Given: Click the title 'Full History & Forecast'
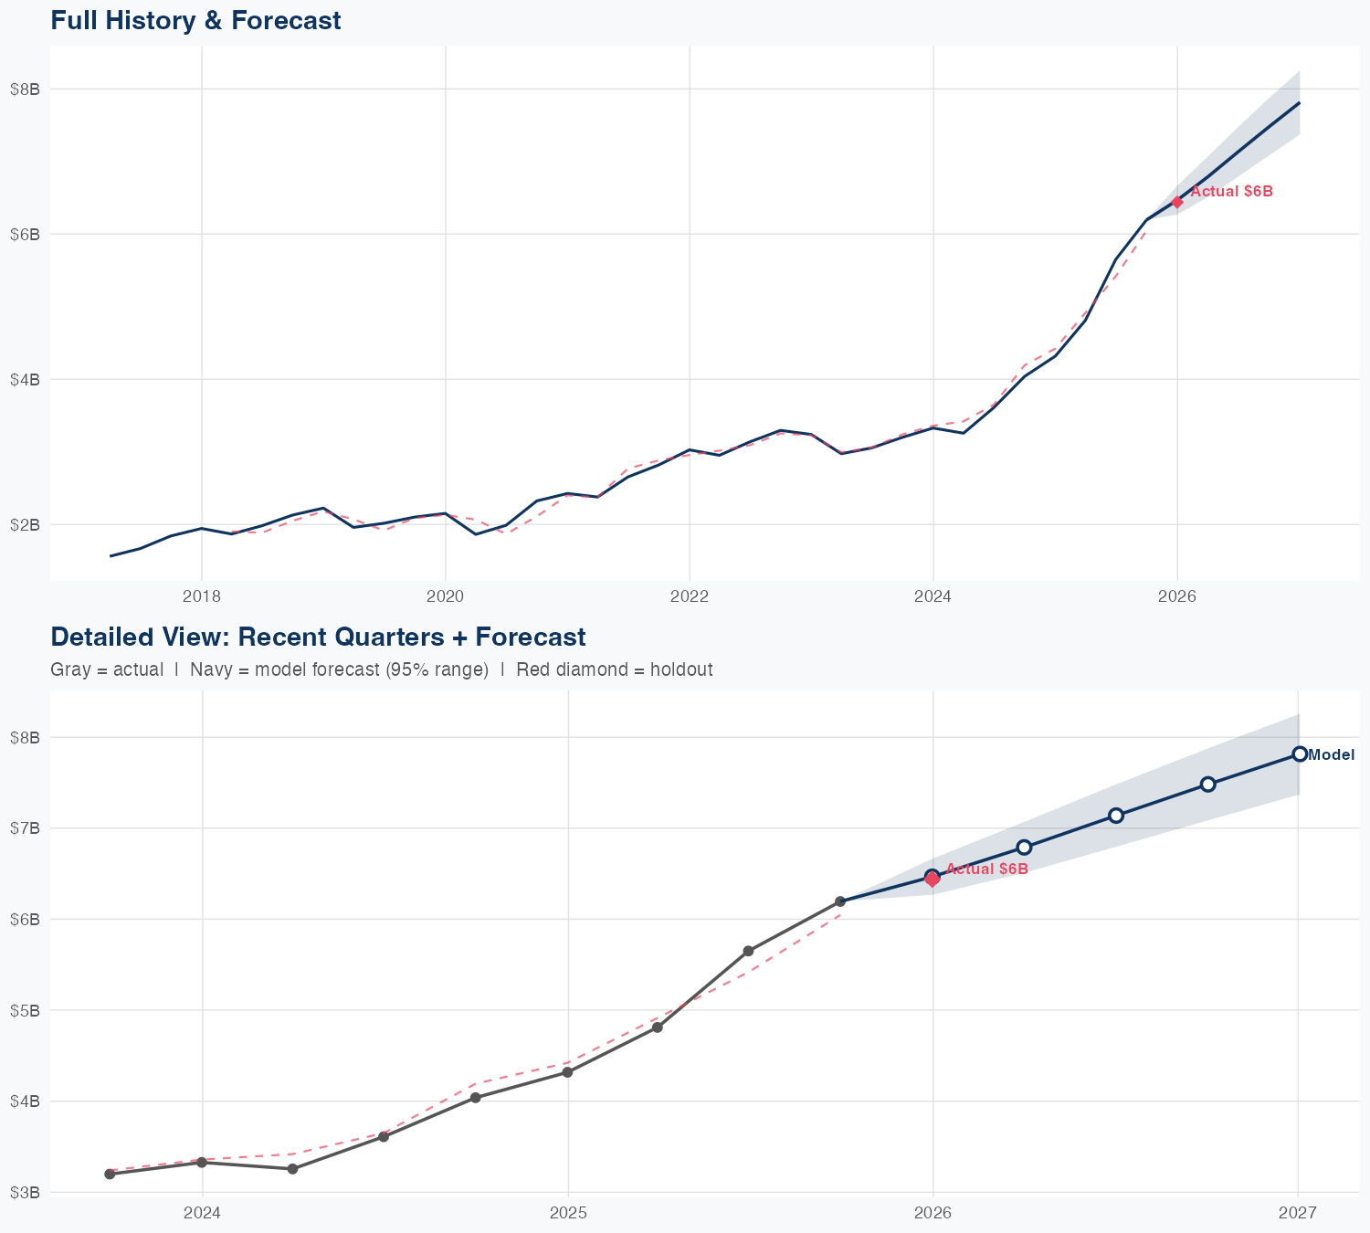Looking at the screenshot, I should (x=195, y=20).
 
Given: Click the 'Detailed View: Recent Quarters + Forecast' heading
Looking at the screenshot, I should (x=318, y=637).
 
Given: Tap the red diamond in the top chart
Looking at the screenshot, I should (x=1177, y=202).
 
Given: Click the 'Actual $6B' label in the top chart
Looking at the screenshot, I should (x=1231, y=192).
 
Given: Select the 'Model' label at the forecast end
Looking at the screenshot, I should (x=1331, y=754).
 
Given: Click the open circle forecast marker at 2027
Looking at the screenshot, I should (x=1299, y=753).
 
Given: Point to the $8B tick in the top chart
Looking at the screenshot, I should (x=25, y=89).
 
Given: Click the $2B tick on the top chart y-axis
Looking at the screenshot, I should (x=25, y=524).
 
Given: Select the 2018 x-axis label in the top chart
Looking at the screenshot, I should (x=202, y=596).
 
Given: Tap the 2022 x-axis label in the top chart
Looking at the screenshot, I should (x=690, y=596).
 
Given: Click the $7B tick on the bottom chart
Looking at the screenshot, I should (x=25, y=828).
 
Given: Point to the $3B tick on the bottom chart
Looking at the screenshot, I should (x=25, y=1192).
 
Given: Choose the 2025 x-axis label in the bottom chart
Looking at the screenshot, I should (x=568, y=1213).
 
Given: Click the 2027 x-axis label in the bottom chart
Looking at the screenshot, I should (x=1298, y=1213).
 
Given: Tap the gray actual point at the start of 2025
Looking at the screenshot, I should (x=567, y=1072).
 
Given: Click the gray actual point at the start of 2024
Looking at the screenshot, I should (x=202, y=1163).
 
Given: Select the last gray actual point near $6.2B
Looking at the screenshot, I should (x=840, y=901).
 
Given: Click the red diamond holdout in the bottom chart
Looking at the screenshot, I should (x=933, y=880).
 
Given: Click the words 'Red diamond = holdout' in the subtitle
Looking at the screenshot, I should (x=614, y=669).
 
